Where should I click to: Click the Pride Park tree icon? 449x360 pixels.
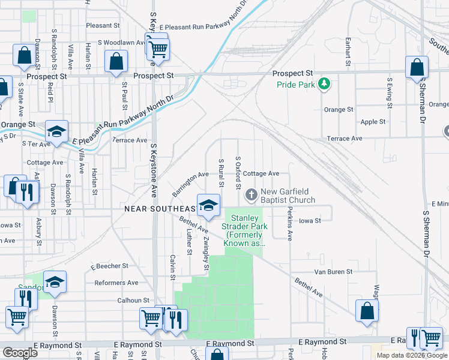coord(324,83)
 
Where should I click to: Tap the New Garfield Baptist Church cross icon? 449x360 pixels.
coord(251,194)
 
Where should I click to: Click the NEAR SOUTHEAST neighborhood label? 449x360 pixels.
coord(159,208)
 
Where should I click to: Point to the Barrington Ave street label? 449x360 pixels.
coord(190,184)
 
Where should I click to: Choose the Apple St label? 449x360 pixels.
coord(373,122)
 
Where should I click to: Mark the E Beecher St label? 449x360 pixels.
coord(109,265)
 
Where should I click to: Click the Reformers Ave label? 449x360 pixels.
coord(116,283)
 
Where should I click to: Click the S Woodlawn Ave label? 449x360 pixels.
coord(121,43)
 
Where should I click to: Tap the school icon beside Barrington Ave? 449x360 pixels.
coord(208,205)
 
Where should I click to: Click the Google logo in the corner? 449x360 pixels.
coord(19,352)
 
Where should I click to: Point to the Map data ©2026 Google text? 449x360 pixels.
coord(411,355)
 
